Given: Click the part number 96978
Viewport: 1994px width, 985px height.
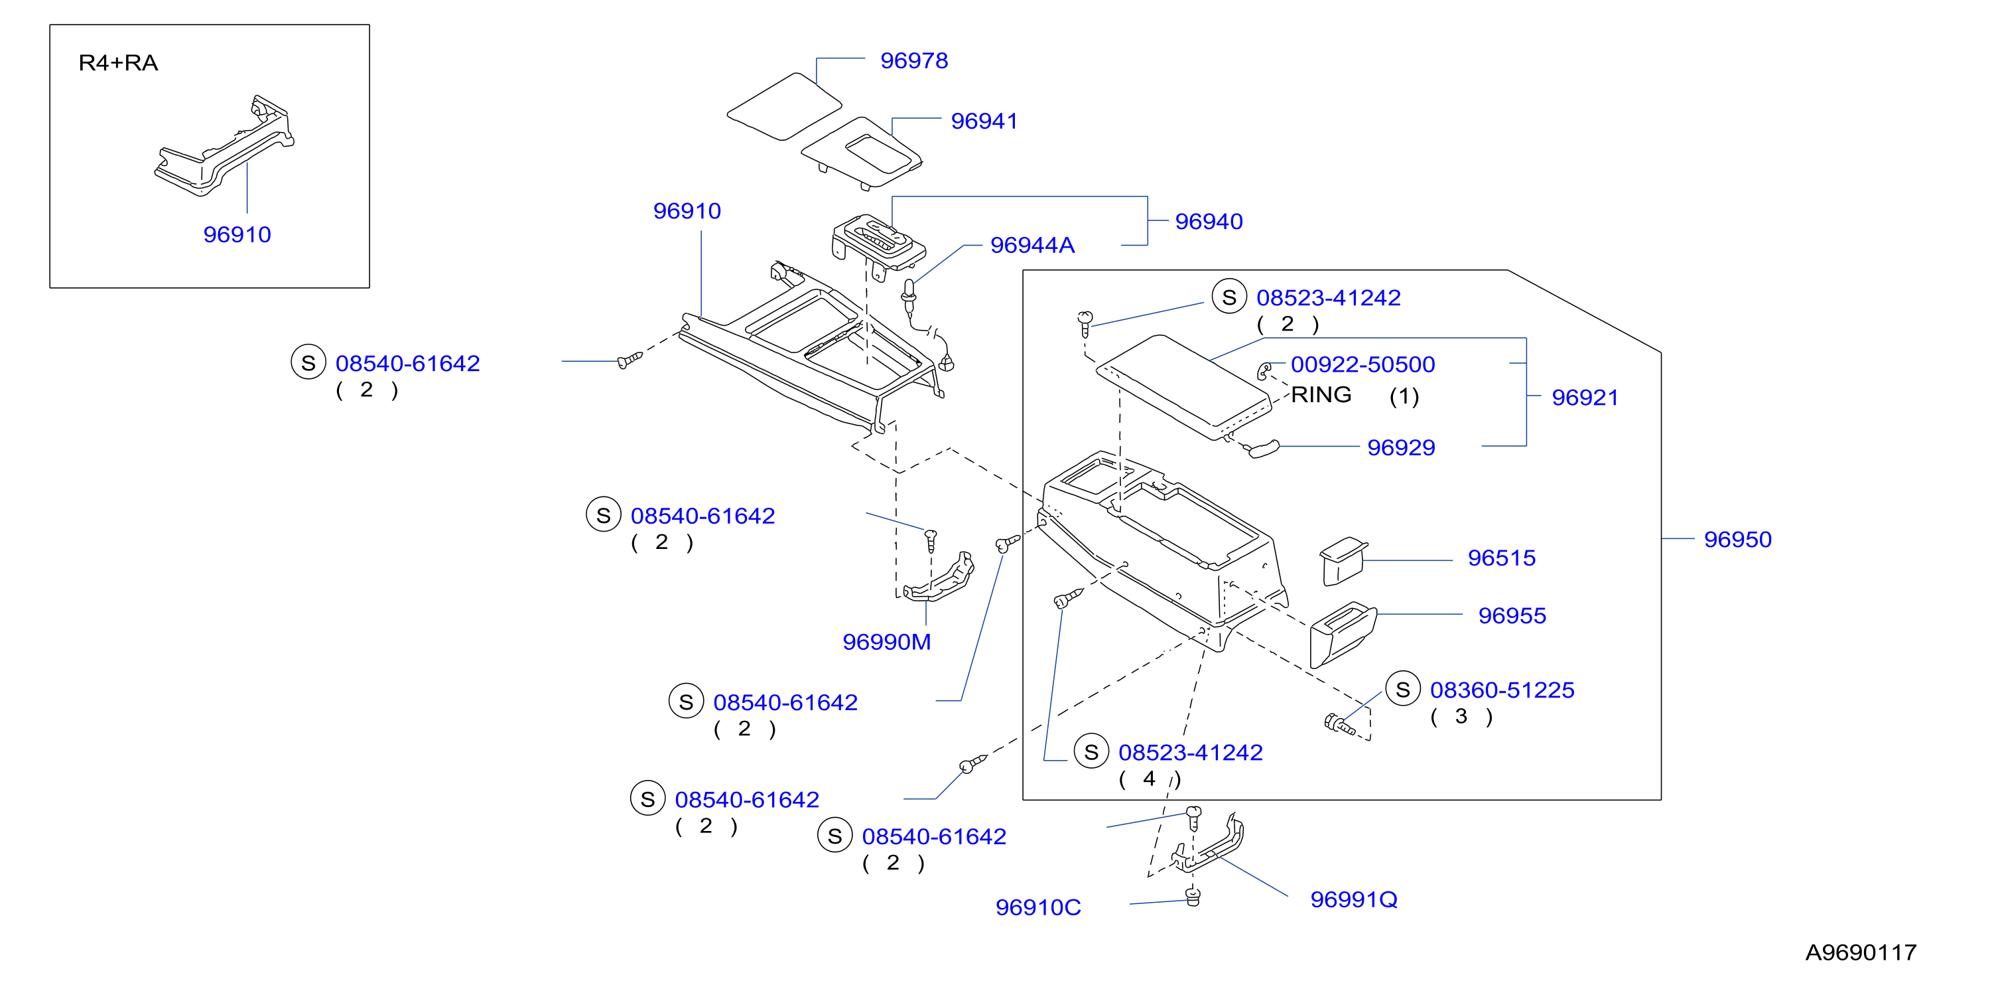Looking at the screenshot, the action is click(913, 60).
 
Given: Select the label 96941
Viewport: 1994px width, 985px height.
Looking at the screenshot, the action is click(984, 121).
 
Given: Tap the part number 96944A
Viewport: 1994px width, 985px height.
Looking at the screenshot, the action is click(1033, 245).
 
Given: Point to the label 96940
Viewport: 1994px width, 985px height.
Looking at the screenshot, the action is click(1209, 222).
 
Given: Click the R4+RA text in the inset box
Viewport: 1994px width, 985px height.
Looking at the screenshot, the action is click(119, 62).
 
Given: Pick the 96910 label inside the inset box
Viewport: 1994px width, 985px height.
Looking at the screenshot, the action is click(237, 235).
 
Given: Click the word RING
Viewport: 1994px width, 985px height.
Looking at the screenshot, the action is click(1321, 395).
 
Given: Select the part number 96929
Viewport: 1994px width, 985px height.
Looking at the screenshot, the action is click(1401, 447).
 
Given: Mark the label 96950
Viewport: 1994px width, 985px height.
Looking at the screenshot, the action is click(1738, 539).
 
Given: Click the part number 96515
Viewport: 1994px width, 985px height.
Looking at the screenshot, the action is click(1502, 558).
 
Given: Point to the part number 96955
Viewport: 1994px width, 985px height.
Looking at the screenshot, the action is click(1512, 616).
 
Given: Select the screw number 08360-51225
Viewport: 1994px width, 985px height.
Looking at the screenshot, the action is click(1502, 690).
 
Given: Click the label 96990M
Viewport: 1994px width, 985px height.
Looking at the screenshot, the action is click(886, 642).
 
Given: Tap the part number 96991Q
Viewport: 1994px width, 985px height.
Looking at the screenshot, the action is click(1354, 900).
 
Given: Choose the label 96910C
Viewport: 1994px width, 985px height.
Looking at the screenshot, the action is click(1038, 907).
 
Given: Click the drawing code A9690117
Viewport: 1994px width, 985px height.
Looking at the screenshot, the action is click(1861, 952).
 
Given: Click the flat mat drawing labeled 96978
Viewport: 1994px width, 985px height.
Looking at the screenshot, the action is click(783, 106).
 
